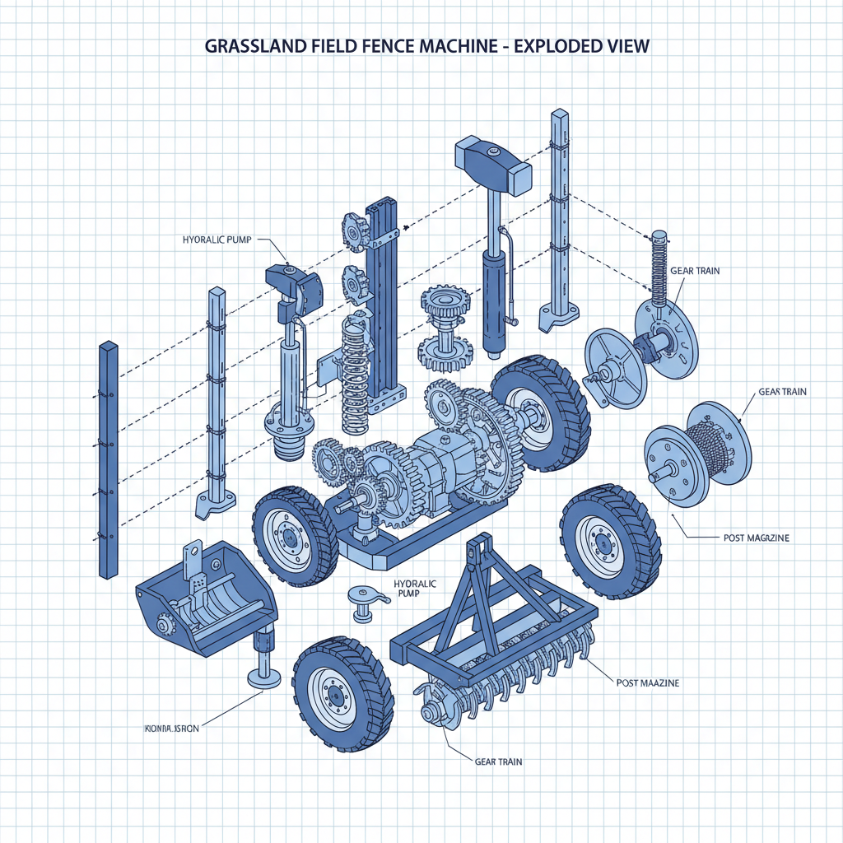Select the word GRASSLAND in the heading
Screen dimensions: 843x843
[x=250, y=46]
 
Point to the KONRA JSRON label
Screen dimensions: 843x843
[x=171, y=728]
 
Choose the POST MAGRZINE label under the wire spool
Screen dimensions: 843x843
[x=756, y=538]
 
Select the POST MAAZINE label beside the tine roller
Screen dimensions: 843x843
[x=648, y=683]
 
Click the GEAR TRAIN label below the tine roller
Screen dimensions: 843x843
[x=498, y=761]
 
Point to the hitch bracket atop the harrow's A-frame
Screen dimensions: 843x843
[x=476, y=550]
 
